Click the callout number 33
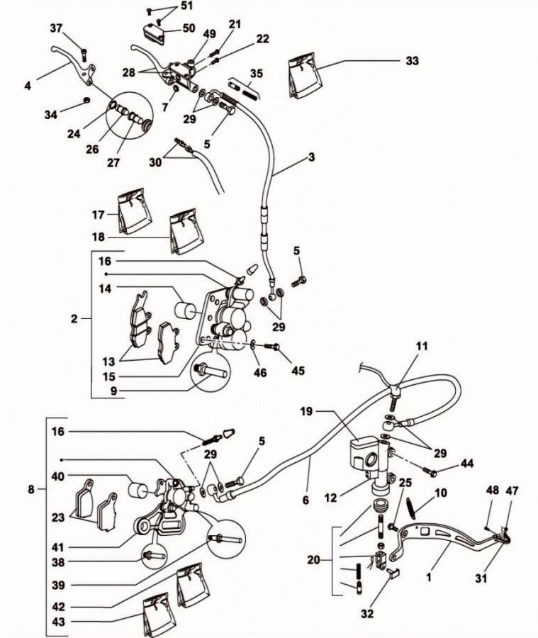click(412, 61)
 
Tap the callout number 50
click(189, 28)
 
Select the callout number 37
click(57, 28)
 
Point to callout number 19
click(306, 411)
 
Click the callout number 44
click(467, 463)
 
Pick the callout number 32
click(367, 614)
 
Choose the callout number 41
click(58, 547)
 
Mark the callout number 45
click(298, 371)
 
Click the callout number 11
click(422, 346)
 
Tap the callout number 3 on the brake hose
click(311, 157)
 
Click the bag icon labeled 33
click(303, 75)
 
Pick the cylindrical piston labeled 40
click(140, 489)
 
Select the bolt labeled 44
click(430, 472)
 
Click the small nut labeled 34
click(86, 99)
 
